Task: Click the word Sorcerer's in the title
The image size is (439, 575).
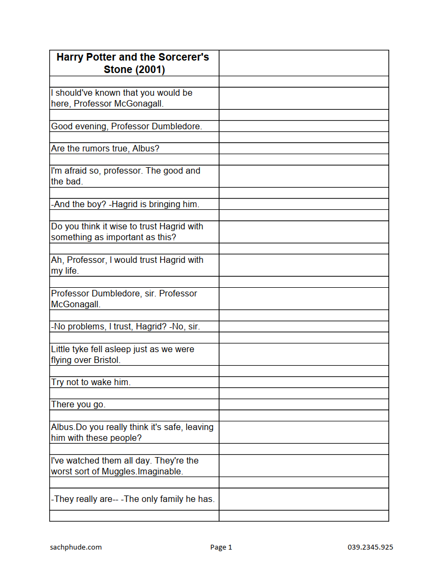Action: point(184,57)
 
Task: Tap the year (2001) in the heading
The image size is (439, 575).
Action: point(150,70)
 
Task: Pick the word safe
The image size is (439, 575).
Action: point(172,427)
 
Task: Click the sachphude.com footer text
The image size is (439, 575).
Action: point(76,547)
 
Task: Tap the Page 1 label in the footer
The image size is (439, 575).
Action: point(221,547)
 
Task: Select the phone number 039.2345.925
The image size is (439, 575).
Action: point(370,547)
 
